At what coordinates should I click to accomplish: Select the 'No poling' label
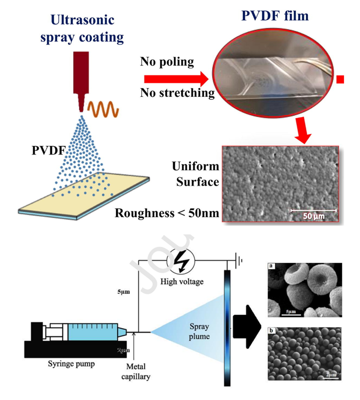[x=167, y=61]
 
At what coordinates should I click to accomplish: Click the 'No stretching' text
[x=177, y=92]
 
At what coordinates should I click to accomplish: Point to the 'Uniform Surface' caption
[x=195, y=174]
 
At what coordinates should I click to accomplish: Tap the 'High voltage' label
[x=181, y=281]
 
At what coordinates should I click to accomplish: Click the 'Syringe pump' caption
[x=71, y=364]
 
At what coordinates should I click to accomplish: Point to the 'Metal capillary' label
[x=136, y=371]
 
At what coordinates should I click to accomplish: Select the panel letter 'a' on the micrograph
[x=271, y=267]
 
